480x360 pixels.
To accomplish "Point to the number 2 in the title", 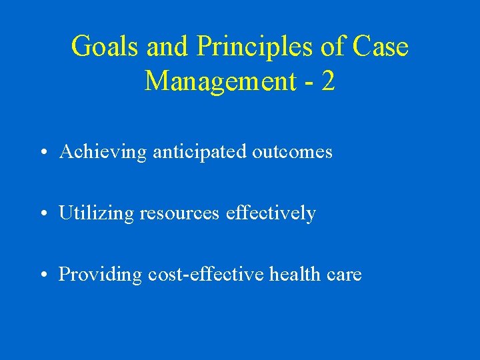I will pos(327,81).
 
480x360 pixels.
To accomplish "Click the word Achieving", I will pos(103,152).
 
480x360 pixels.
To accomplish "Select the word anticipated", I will pos(199,152).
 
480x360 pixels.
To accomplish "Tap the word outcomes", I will pos(292,152).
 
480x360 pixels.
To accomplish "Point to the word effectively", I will pos(271,213).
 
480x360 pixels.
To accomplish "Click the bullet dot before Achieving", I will pos(42,153).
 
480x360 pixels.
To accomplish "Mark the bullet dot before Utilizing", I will pos(42,214).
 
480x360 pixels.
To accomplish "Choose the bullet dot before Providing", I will pos(42,275).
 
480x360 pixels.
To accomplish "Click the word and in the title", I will pos(163,47).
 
